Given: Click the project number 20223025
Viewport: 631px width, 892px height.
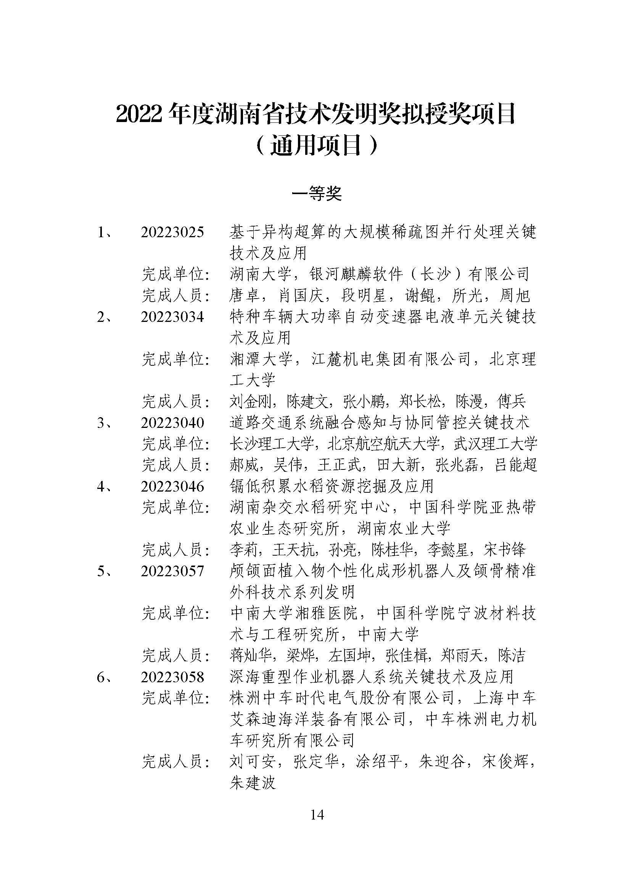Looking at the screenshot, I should (172, 232).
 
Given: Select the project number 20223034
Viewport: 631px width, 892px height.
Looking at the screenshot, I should (172, 317).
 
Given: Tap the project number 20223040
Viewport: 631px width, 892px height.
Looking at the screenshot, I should (172, 423).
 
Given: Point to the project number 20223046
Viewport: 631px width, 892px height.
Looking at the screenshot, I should (172, 486).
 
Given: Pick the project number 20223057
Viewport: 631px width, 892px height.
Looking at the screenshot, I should (172, 571).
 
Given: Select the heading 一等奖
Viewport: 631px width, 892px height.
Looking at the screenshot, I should (317, 193).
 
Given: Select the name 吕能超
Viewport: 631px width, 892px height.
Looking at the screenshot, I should (516, 465).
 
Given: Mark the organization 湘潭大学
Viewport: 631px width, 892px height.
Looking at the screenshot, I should (260, 359).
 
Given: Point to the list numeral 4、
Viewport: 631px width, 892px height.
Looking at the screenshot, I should (104, 486).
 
